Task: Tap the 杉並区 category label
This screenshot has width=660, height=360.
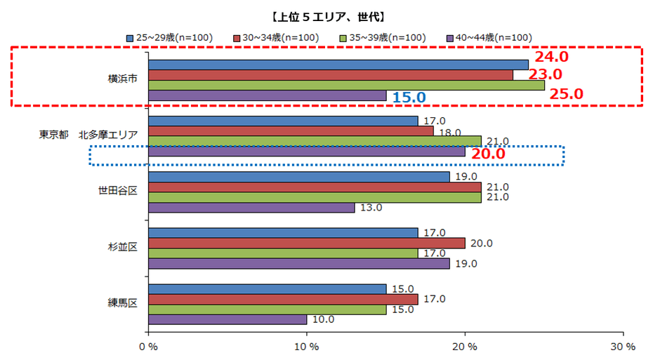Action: tap(121, 248)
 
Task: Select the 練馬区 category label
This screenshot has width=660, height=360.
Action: tap(121, 303)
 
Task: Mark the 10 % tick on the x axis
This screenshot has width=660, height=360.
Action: tap(306, 347)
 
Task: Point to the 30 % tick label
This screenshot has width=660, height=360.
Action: tap(623, 347)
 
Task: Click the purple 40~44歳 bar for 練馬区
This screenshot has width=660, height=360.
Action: tap(227, 319)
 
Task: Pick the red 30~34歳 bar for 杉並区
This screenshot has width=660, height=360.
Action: tap(306, 243)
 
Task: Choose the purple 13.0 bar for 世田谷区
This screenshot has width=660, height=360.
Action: tap(251, 207)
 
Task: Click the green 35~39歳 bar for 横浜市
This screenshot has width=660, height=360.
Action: tap(346, 85)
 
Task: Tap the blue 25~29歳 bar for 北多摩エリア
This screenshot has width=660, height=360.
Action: tap(283, 121)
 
